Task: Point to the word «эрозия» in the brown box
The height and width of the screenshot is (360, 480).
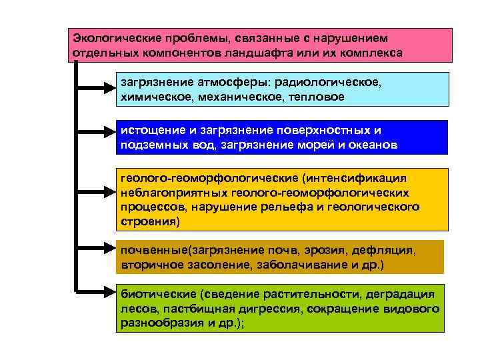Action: (x=319, y=252)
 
